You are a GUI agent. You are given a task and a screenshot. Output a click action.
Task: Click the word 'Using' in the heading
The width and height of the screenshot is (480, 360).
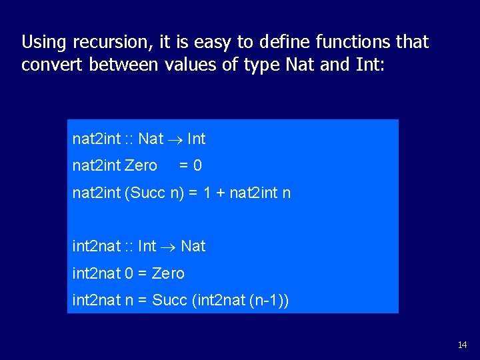click(43, 43)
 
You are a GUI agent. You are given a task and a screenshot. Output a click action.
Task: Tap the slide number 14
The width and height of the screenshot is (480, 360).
click(462, 345)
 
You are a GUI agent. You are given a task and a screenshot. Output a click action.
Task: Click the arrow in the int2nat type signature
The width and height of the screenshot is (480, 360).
click(168, 247)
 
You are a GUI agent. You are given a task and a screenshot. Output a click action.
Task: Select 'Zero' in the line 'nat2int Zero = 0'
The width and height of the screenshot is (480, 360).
click(141, 165)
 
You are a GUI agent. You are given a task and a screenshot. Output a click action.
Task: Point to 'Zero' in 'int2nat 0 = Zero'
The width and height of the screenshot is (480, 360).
click(168, 273)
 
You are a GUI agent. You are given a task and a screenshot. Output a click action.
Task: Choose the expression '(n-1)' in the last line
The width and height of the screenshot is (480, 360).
click(268, 301)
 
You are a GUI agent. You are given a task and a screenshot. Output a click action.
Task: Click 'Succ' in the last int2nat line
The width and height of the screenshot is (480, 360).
click(170, 301)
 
